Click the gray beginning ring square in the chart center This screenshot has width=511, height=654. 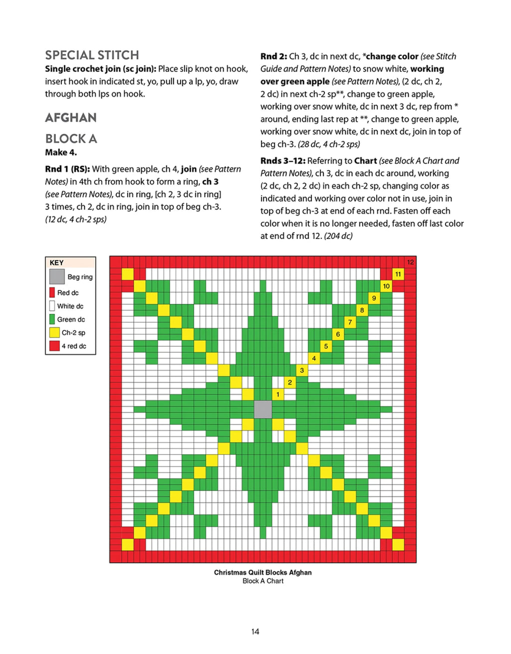coord(263,409)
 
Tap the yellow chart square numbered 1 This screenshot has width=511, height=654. coord(278,395)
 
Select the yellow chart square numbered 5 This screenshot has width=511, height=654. coord(326,346)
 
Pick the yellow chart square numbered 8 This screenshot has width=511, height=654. coord(362,310)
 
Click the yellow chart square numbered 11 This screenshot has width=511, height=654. coord(398,274)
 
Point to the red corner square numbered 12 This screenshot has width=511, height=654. coord(410,262)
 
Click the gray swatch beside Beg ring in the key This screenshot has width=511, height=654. coord(57,276)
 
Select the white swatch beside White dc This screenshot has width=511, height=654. coord(52,306)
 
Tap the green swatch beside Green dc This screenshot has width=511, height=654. coord(52,319)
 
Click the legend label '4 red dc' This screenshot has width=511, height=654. coord(74,346)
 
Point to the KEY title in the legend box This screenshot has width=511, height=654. coord(57,263)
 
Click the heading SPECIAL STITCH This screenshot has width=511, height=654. coord(92,55)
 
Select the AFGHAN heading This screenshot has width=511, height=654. coord(71,118)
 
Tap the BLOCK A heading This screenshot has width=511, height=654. coord(71,139)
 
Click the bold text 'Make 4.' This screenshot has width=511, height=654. coord(61,153)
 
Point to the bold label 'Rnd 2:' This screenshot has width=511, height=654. coord(273,56)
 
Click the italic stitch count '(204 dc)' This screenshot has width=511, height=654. coord(338,236)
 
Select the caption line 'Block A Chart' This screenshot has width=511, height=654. coord(263,581)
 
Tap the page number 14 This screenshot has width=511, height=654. coord(255,632)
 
